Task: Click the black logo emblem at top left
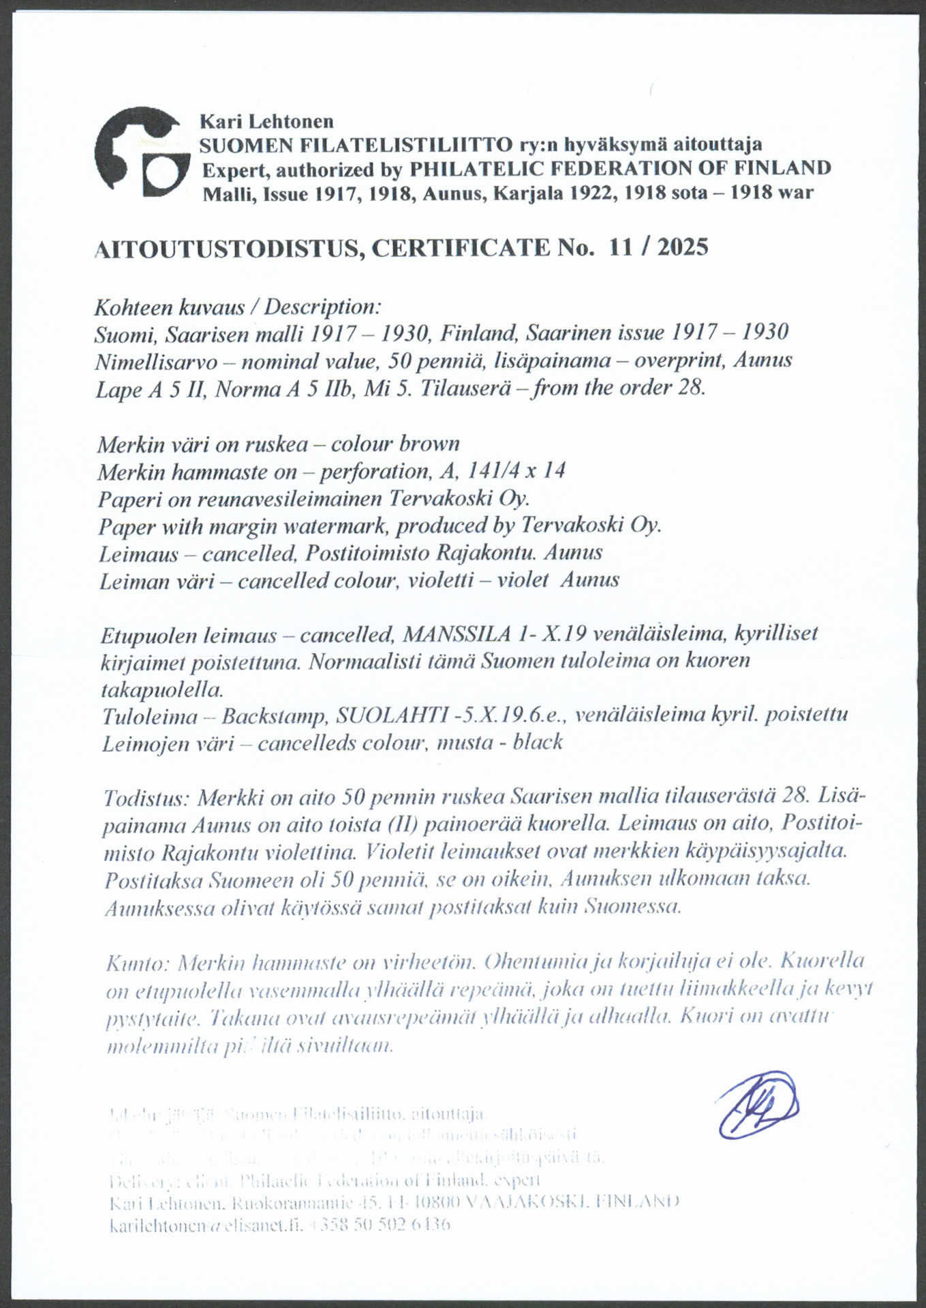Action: (142, 151)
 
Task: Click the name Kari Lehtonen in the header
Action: (266, 121)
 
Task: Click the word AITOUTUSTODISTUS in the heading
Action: (227, 249)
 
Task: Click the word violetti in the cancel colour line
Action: (443, 580)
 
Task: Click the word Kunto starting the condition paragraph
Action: (136, 963)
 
